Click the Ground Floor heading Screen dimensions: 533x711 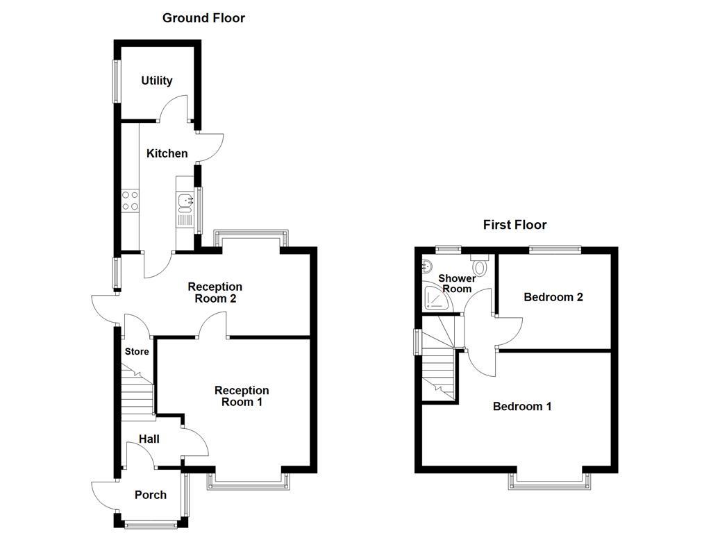point(203,18)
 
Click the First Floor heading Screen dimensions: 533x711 point(515,225)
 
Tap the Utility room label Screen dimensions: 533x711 point(156,81)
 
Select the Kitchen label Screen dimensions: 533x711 point(167,153)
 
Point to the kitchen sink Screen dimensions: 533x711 point(185,202)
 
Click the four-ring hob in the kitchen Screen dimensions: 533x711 point(130,201)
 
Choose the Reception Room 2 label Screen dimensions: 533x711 point(215,293)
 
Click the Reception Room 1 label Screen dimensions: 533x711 point(242,396)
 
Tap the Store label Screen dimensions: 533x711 point(137,352)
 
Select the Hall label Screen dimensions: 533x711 point(149,439)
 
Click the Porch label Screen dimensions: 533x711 point(151,495)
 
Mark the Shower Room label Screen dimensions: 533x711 point(457,283)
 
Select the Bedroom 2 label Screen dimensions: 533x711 point(553,297)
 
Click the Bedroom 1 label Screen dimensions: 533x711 point(522,407)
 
